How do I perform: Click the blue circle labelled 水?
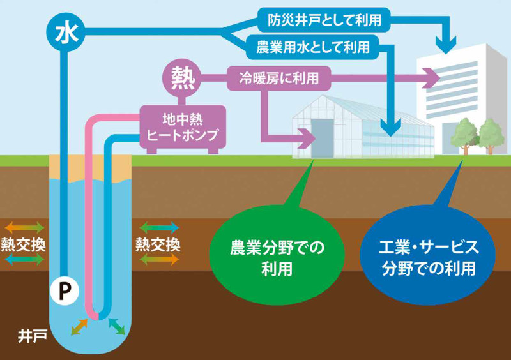click(x=65, y=30)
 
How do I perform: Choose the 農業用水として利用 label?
click(x=312, y=47)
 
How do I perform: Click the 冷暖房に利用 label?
click(x=280, y=79)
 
